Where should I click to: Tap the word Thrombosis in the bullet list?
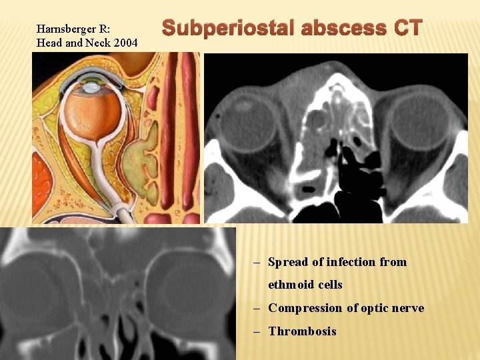302,331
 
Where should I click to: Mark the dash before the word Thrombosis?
257,331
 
